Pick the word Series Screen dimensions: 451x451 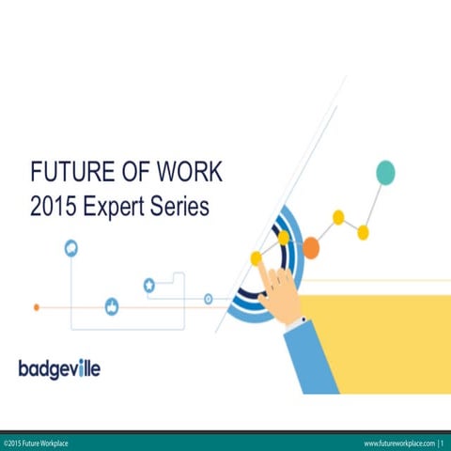(x=178, y=206)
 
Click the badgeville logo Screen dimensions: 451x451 (x=59, y=367)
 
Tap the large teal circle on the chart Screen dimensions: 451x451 (x=385, y=172)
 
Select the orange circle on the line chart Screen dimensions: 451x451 (x=311, y=246)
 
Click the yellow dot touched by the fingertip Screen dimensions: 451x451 (x=256, y=257)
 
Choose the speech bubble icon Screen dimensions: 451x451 (x=71, y=248)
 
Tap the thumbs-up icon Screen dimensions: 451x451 (x=112, y=306)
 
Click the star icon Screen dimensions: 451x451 (x=149, y=285)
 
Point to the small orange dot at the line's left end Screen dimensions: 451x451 (x=37, y=306)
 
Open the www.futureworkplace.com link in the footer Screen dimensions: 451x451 (x=399, y=443)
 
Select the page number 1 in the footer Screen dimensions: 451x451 (x=443, y=443)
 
